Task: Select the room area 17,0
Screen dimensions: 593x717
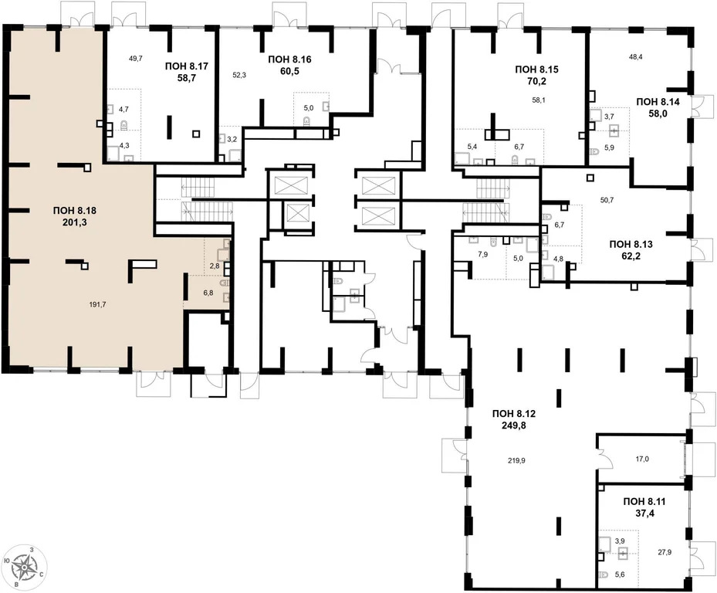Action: (x=642, y=459)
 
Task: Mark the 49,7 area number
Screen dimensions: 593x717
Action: (x=134, y=59)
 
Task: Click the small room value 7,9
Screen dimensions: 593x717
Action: (x=484, y=253)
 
